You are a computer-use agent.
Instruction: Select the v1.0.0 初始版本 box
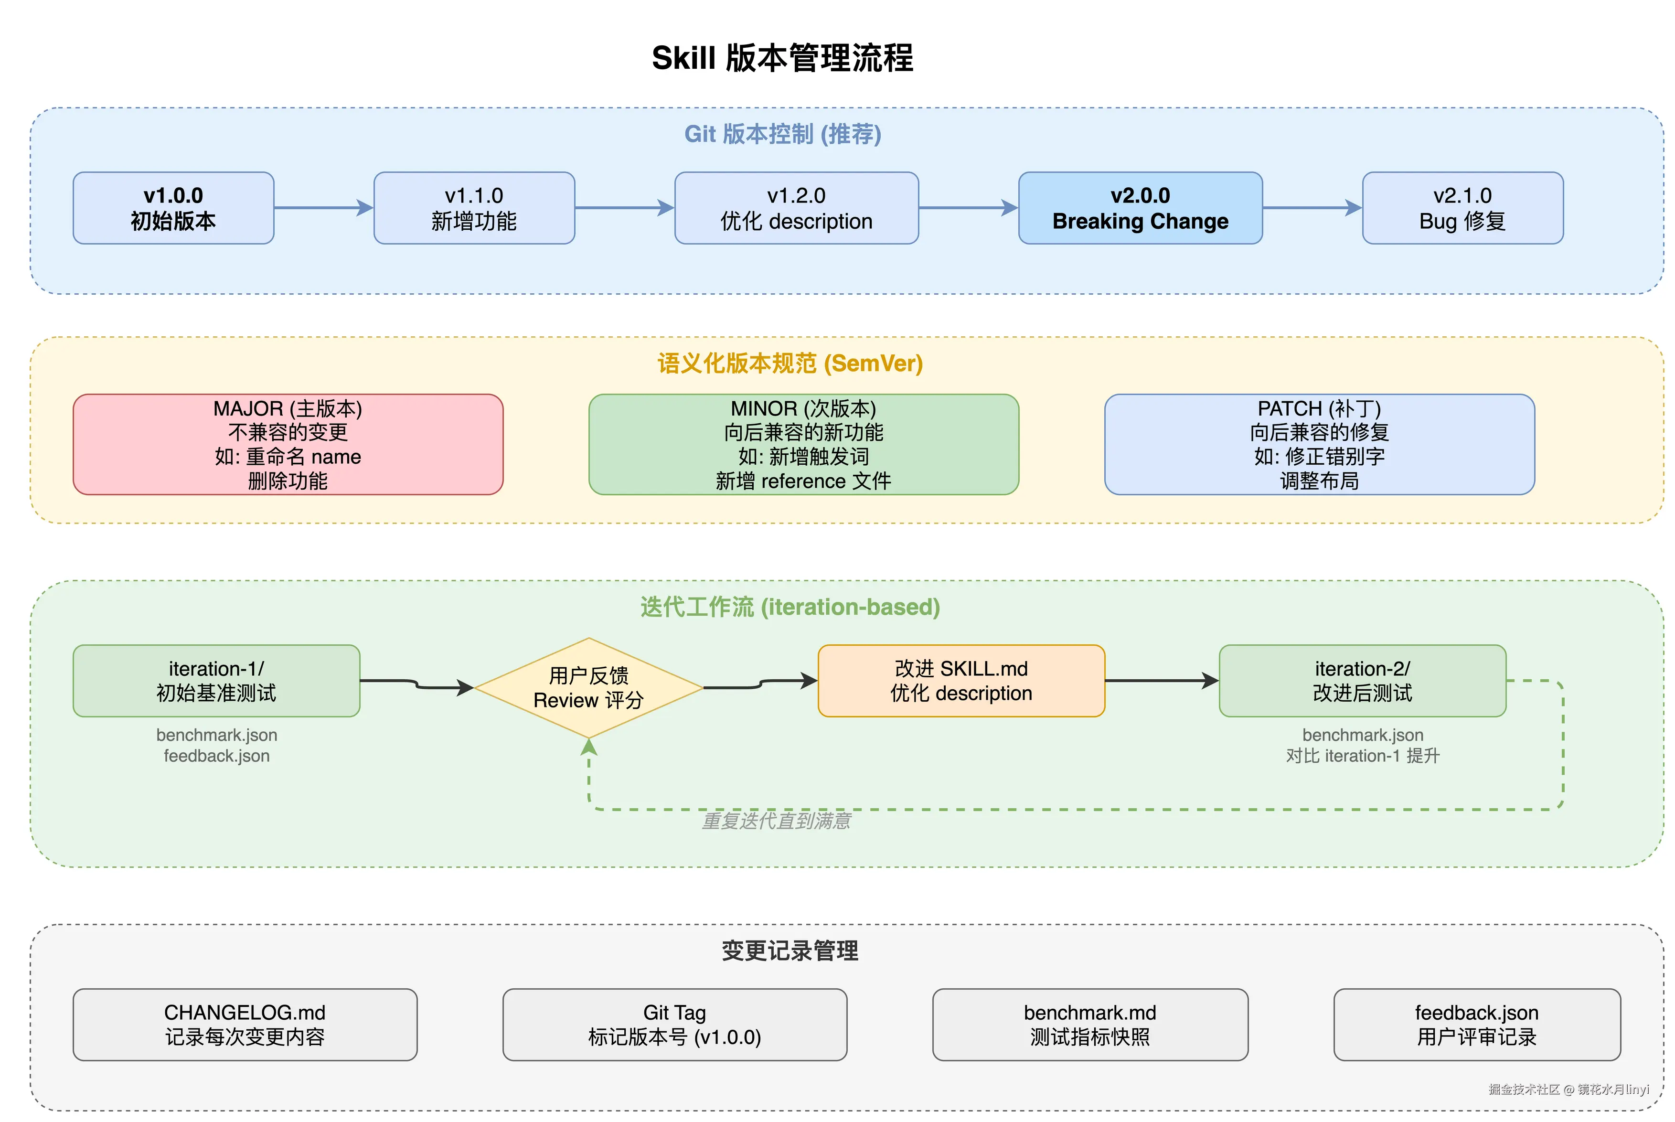click(173, 208)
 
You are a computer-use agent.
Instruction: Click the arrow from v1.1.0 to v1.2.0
click(624, 208)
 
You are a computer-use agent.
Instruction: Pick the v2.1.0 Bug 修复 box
click(1462, 208)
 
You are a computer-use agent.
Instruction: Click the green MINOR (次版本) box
click(803, 444)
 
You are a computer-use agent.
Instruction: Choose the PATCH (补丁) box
click(1319, 444)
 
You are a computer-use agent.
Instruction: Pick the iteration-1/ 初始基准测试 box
click(216, 681)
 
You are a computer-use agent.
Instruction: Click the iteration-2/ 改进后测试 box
click(1362, 681)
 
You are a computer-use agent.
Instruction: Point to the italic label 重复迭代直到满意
click(776, 821)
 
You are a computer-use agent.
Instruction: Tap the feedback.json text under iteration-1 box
click(216, 756)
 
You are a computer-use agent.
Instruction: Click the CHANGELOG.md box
click(245, 1024)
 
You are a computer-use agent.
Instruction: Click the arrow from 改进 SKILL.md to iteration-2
click(1161, 681)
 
